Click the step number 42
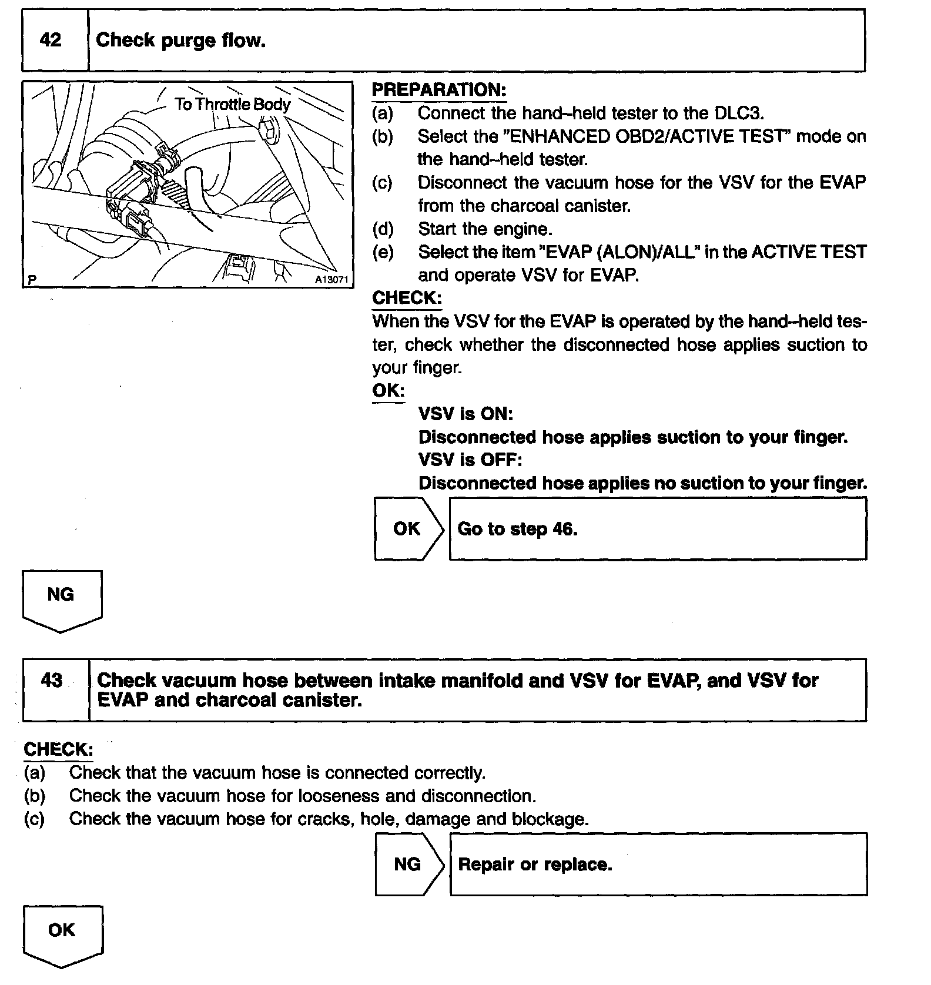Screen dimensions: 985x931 tap(51, 40)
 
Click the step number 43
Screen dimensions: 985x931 tap(52, 680)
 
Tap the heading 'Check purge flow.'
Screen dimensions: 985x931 tap(180, 40)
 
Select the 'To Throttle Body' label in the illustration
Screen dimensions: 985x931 tap(232, 105)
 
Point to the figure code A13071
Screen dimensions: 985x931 tap(331, 280)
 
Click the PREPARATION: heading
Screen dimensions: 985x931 tap(439, 90)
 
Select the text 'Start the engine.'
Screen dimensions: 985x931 tap(485, 229)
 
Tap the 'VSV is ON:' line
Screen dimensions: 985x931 tap(466, 414)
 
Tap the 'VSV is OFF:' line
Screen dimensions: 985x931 tap(470, 459)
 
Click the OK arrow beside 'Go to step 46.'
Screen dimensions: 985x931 tap(407, 528)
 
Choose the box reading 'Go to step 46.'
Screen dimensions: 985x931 tap(657, 528)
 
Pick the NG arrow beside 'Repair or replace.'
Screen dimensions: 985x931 tap(408, 864)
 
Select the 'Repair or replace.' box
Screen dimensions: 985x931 tap(658, 864)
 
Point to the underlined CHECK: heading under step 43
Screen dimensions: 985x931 tap(58, 749)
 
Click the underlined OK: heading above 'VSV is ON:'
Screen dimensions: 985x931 tap(388, 391)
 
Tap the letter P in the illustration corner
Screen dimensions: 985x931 tap(32, 280)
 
